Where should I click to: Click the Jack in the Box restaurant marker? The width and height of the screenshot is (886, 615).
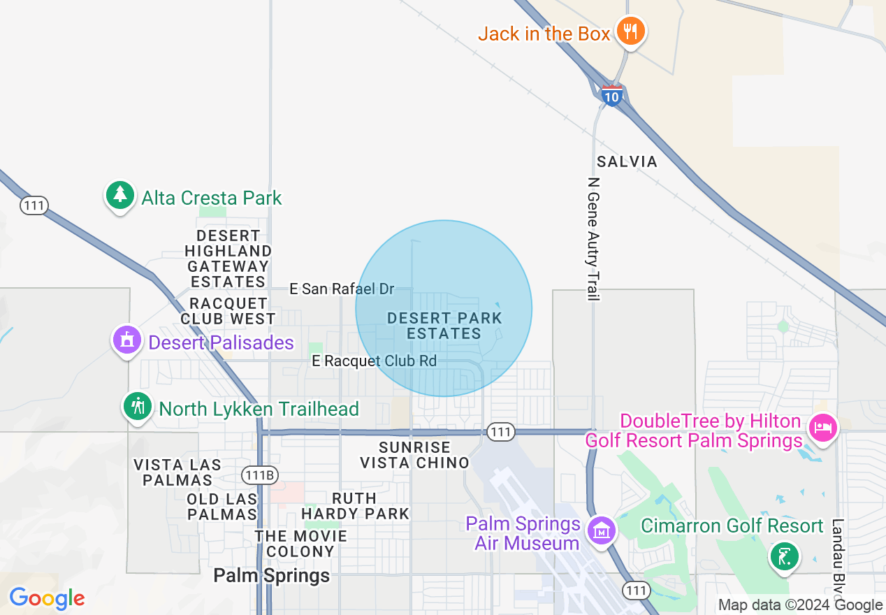[x=631, y=32]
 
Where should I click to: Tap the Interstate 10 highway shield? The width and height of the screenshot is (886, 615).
[x=611, y=96]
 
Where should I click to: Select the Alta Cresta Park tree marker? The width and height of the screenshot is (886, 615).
[x=121, y=196]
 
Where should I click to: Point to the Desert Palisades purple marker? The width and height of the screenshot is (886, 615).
[x=126, y=341]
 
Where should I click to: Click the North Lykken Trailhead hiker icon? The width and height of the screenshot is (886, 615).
[x=138, y=407]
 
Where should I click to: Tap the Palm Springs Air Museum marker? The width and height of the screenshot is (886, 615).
[x=601, y=531]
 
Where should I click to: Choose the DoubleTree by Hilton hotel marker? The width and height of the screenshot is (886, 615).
[x=822, y=426]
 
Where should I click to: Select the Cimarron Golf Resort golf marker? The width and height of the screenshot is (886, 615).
[x=784, y=557]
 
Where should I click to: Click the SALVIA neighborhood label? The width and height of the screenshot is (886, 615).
[x=627, y=161]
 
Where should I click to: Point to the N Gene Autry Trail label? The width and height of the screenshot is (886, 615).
[x=593, y=239]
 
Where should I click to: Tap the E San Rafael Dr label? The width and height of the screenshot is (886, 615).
[x=342, y=289]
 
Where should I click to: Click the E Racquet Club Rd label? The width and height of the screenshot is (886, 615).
[x=374, y=361]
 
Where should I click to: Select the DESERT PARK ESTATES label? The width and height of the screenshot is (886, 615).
[x=444, y=326]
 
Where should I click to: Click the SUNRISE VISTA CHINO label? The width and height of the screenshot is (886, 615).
[x=414, y=455]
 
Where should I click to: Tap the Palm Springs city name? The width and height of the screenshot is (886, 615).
[x=271, y=576]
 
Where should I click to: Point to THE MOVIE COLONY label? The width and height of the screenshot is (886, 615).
[x=300, y=544]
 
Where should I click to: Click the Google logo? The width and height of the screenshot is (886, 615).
[x=47, y=598]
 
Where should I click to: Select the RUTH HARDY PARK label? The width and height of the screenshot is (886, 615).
[x=355, y=506]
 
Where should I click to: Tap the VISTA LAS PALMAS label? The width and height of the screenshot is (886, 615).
[x=177, y=472]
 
